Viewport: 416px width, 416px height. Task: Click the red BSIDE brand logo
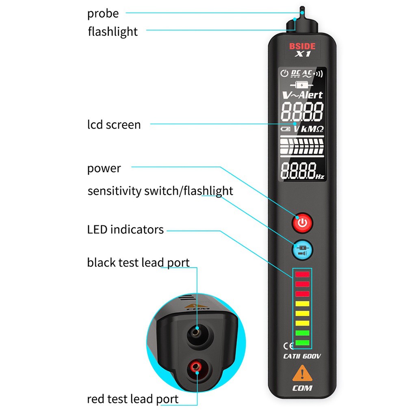pos(302,46)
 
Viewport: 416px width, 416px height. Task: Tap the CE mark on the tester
pos(288,346)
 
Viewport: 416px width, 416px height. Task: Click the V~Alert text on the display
pos(302,95)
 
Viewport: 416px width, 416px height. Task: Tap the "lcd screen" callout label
pos(114,124)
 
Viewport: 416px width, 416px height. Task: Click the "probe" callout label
pos(103,13)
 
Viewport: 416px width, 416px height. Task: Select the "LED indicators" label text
pos(125,230)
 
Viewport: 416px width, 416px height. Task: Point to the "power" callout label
pos(104,168)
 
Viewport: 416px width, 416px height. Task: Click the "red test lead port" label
pos(132,399)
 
